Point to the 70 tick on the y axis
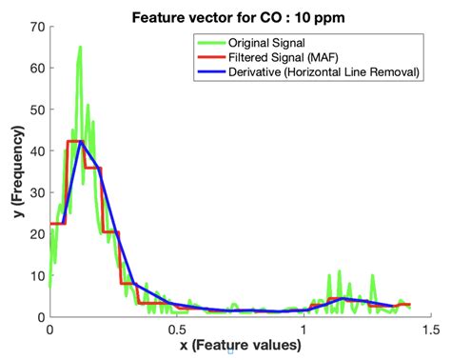tap(36, 28)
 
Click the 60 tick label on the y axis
tap(36, 69)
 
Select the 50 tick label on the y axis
tap(36, 110)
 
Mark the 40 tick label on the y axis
tap(36, 151)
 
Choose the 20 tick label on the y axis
tap(36, 234)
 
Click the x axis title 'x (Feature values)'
tap(239, 347)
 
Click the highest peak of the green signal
tap(80, 47)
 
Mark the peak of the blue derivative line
tap(81, 142)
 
